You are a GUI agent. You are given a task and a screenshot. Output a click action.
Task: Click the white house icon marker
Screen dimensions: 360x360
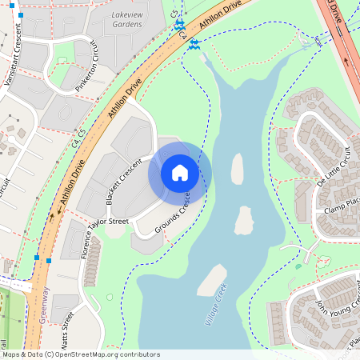pos(180,172)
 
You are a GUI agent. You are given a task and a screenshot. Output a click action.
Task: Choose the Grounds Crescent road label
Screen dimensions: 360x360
pos(172,214)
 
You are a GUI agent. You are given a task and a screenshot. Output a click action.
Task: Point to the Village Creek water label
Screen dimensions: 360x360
pos(216,304)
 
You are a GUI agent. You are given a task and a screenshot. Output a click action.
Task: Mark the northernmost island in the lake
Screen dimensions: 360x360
pos(237,169)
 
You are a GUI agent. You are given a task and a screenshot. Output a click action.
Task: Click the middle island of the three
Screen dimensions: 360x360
pos(243,220)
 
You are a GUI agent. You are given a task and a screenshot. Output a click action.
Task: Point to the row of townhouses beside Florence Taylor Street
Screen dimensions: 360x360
pos(91,261)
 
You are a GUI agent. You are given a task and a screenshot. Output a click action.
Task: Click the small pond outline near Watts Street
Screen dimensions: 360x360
pos(109,298)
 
